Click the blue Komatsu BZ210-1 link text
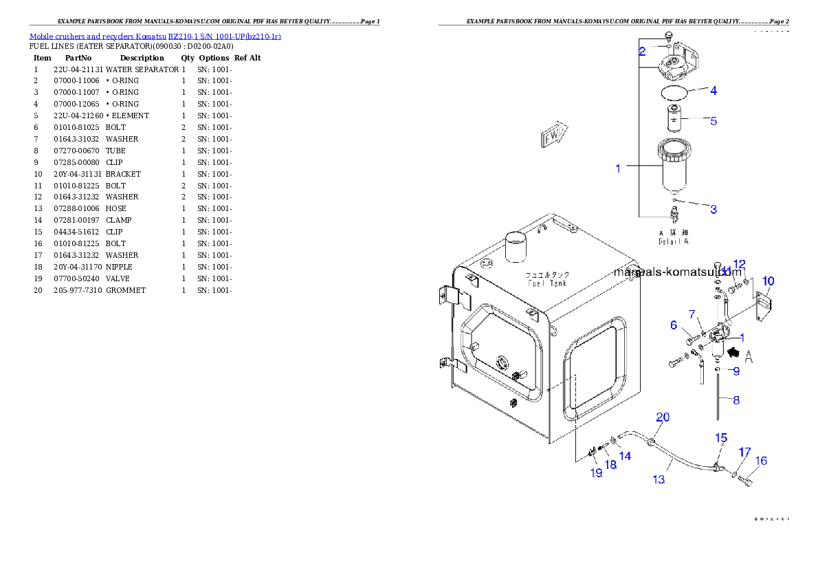coord(155,36)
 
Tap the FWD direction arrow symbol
coord(553,135)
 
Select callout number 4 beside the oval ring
coord(714,90)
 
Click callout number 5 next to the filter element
coord(714,121)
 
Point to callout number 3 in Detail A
coord(714,209)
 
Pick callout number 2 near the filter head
coord(642,51)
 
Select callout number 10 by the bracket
coord(768,281)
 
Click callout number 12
coord(740,264)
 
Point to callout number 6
coord(674,325)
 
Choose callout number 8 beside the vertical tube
coord(736,400)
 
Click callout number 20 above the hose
coord(663,417)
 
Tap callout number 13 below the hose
coord(659,479)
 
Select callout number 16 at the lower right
coord(762,461)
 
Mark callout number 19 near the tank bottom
coord(595,472)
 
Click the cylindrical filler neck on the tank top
coord(515,247)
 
